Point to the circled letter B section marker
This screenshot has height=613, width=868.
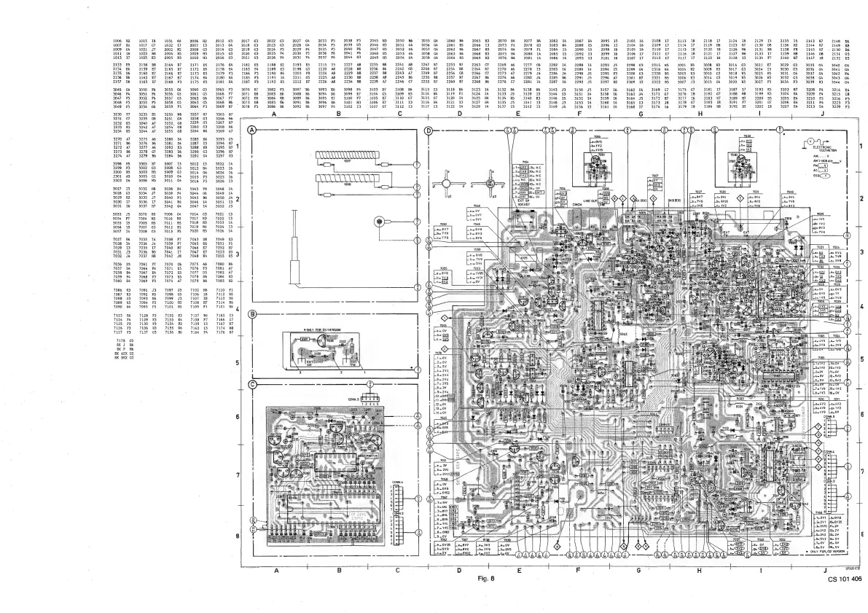253,315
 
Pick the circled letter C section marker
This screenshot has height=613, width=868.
253,383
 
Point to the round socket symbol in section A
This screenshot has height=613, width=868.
379,221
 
